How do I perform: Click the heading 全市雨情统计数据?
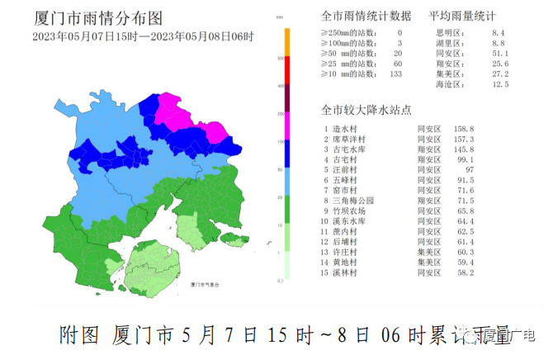[x=366, y=17]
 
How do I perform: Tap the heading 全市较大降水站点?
[x=366, y=111]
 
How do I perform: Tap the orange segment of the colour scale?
[x=286, y=42]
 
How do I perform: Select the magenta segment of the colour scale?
[x=286, y=127]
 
